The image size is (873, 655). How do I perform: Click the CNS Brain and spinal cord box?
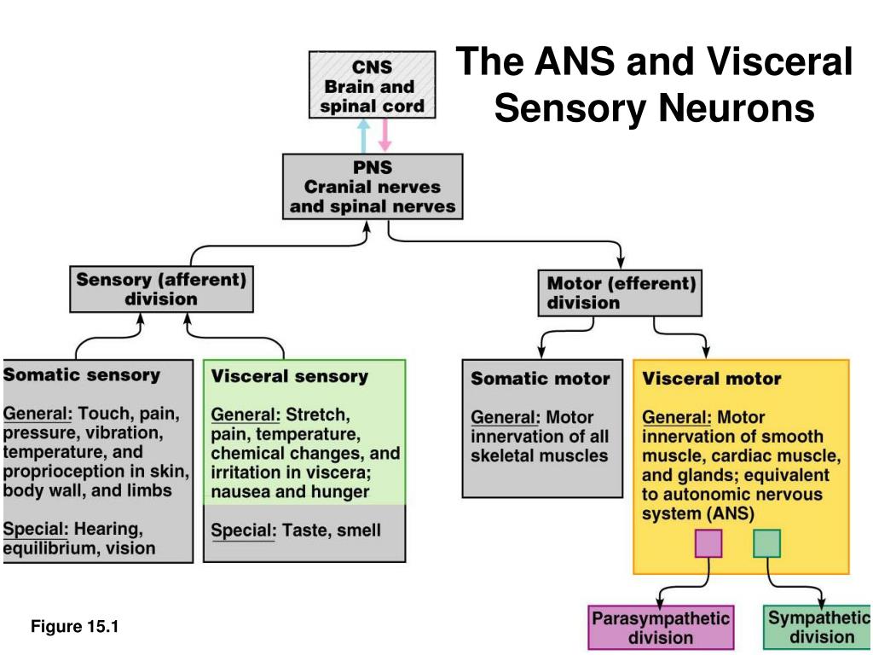(372, 84)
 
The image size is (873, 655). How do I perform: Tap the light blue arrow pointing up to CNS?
(363, 136)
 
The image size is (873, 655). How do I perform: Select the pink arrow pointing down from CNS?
(384, 135)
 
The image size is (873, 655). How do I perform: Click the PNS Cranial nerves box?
(373, 187)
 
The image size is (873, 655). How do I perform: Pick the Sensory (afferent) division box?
(161, 289)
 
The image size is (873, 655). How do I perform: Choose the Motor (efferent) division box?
(620, 293)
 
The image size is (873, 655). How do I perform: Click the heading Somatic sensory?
(82, 375)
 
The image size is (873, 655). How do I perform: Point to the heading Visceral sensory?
(290, 376)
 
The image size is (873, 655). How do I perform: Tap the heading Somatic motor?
(540, 379)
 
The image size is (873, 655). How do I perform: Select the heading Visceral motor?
(712, 379)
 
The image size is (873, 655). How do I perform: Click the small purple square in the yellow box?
(708, 543)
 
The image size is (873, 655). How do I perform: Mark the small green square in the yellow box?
(766, 543)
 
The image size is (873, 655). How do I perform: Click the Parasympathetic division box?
(661, 628)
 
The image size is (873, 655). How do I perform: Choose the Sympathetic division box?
(818, 627)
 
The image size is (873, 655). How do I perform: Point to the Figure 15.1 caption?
(75, 627)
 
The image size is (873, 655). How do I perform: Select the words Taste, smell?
(332, 530)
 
